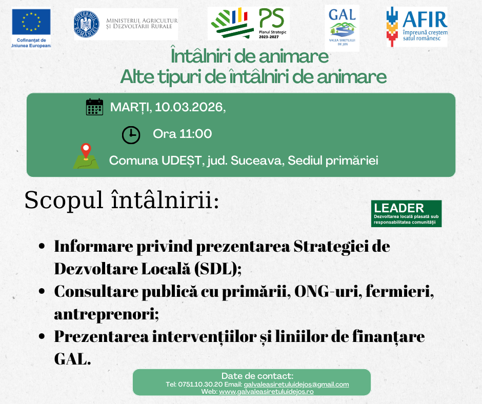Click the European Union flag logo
[x=31, y=22]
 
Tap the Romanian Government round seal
[x=87, y=24]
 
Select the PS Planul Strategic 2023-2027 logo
[x=248, y=24]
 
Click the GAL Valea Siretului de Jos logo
[x=342, y=28]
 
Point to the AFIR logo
[x=417, y=27]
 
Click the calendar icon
[x=94, y=107]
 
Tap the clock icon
[x=131, y=135]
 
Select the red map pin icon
[x=86, y=151]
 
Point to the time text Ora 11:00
[x=183, y=134]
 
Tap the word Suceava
[x=257, y=160]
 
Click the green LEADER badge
[x=407, y=214]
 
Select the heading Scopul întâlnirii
[x=122, y=200]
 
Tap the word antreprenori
[x=106, y=314]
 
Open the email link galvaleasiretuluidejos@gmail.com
[x=296, y=385]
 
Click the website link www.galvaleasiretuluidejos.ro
[x=266, y=392]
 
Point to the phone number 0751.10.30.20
[x=200, y=385]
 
